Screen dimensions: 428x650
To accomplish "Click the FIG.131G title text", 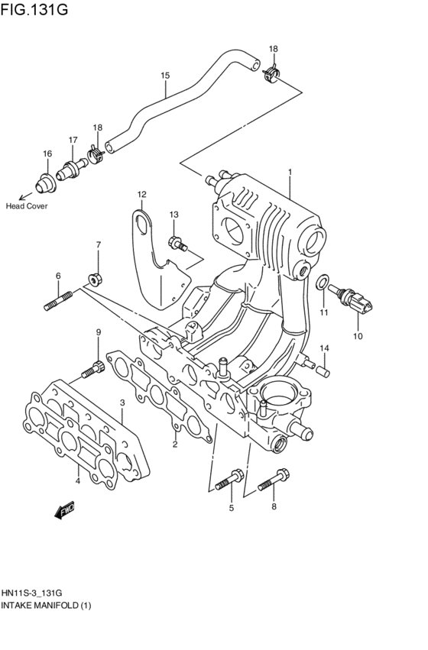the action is point(34,8).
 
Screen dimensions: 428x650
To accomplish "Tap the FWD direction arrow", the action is point(65,510).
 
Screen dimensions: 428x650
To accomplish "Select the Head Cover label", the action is point(27,206).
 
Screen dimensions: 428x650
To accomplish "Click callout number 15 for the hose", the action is point(165,76).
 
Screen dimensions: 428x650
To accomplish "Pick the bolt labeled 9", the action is point(92,370).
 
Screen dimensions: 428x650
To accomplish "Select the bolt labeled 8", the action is point(274,479).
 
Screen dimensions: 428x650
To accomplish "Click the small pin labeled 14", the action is point(323,370).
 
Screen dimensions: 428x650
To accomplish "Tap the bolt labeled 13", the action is point(177,243).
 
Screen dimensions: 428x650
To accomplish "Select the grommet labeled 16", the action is point(44,183).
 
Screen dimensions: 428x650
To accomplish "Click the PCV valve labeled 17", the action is point(71,170).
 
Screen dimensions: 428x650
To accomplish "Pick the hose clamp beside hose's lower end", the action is point(96,154).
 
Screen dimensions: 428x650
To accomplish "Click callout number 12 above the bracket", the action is point(142,194).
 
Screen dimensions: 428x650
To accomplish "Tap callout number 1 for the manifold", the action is point(290,172).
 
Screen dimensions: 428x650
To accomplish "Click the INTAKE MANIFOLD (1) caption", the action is point(46,606).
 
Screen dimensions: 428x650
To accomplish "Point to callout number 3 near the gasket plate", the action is point(122,403).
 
